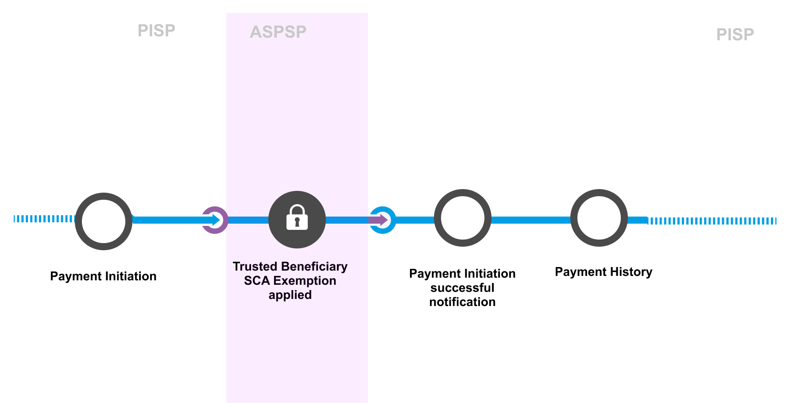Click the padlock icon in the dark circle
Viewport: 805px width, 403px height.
click(297, 218)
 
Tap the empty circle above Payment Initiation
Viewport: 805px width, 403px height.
click(104, 221)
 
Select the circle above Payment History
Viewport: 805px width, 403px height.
click(599, 218)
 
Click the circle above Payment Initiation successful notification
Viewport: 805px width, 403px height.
click(462, 218)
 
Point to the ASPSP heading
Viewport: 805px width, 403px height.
click(278, 32)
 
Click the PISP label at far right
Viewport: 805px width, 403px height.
click(735, 35)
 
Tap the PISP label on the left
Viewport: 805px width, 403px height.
click(156, 31)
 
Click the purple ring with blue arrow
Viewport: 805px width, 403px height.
click(215, 220)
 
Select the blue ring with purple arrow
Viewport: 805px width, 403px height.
click(382, 220)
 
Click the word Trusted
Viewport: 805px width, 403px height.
click(255, 267)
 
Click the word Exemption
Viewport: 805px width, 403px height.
click(305, 281)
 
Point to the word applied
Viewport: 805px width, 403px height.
click(290, 295)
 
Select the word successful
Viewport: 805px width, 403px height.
click(462, 288)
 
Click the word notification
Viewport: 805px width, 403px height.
click(462, 302)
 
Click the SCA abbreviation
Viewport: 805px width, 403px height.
click(257, 281)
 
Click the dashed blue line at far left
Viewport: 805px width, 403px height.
click(44, 219)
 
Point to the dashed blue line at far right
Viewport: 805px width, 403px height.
click(712, 221)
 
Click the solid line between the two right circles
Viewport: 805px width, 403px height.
click(530, 220)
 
